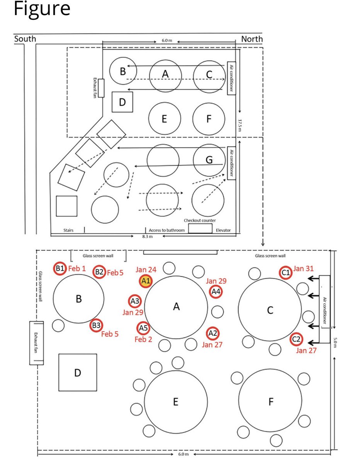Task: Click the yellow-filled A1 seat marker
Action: click(x=146, y=281)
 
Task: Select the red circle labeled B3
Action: click(x=96, y=326)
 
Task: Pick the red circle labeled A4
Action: click(x=216, y=292)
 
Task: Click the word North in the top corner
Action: click(x=251, y=39)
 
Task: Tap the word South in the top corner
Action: click(x=25, y=39)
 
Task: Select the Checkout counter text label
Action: click(x=200, y=220)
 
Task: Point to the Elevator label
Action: click(x=223, y=230)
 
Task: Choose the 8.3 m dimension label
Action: click(x=144, y=237)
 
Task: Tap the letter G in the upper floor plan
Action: click(x=209, y=160)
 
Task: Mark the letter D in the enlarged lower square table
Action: click(x=78, y=373)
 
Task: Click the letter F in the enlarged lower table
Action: click(x=271, y=402)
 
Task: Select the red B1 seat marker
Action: click(x=60, y=268)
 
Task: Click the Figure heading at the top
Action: click(x=42, y=9)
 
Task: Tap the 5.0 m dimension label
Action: click(x=335, y=342)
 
